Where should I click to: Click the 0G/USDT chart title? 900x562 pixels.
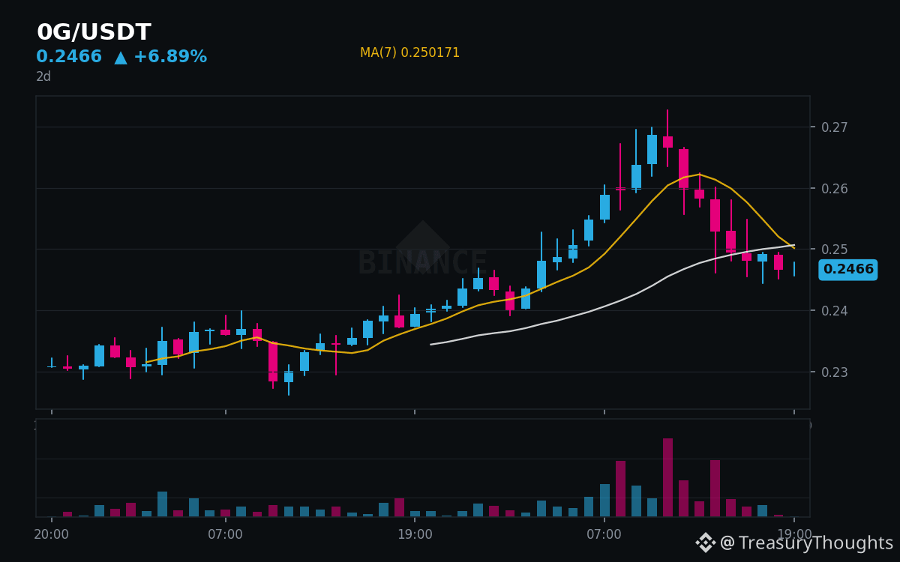(94, 31)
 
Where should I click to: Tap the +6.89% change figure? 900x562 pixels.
(170, 56)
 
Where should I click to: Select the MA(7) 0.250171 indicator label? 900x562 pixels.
(409, 52)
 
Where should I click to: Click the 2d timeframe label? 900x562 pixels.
(43, 76)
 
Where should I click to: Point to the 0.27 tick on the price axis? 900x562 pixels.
(835, 127)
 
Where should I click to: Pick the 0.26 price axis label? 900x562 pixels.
(835, 188)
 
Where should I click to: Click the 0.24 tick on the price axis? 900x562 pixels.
(835, 311)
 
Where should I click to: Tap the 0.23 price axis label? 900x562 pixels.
(835, 372)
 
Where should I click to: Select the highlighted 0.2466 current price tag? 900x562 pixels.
(848, 269)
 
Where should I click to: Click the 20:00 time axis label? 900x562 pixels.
(52, 534)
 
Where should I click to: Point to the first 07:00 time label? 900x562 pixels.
(226, 534)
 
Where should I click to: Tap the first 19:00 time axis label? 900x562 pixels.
(415, 534)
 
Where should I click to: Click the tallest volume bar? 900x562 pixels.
(667, 478)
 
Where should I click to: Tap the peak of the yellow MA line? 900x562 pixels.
(700, 174)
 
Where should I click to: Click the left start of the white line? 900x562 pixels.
(430, 345)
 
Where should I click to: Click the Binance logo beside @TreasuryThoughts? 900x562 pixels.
(706, 543)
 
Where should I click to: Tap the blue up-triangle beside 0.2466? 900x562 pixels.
(121, 58)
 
